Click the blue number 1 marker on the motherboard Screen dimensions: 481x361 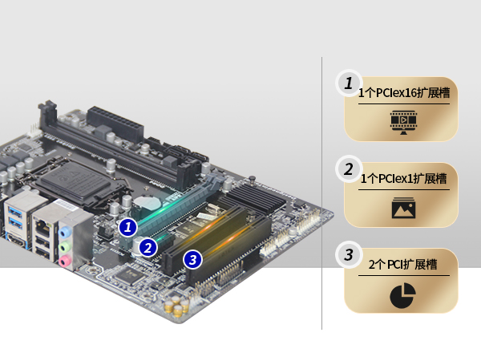[127, 227]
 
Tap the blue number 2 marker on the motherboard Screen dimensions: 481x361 [148, 247]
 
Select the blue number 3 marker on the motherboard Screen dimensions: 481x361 [192, 260]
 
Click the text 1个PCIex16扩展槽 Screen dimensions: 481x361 [404, 93]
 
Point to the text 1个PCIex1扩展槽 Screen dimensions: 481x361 [403, 178]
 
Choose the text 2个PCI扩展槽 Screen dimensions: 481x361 [402, 264]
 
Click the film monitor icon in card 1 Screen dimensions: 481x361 [403, 123]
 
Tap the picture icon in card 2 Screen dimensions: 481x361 [403, 208]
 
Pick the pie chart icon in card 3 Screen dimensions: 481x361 [402, 295]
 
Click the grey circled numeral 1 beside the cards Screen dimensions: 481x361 [349, 83]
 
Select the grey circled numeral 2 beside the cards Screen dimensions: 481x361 [349, 169]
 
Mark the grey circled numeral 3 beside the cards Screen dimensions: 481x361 [349, 255]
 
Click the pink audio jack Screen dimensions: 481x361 [65, 262]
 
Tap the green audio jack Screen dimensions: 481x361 [65, 246]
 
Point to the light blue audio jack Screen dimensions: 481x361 [65, 232]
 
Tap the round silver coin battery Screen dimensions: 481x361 [148, 204]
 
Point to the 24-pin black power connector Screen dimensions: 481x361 [115, 124]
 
